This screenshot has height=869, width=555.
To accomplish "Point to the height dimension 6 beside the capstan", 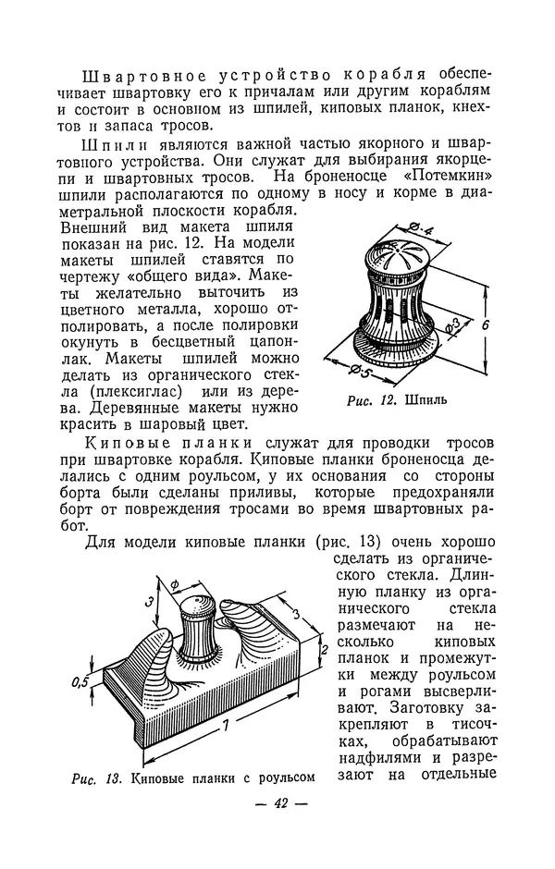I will (496, 325).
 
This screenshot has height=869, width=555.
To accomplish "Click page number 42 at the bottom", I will (277, 803).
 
